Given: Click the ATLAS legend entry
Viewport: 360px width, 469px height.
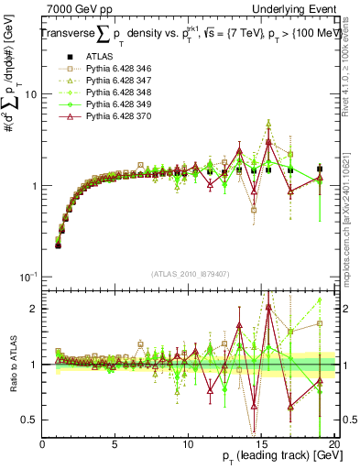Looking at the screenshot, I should click(x=98, y=57).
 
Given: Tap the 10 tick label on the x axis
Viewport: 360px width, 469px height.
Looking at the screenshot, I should click(x=188, y=443).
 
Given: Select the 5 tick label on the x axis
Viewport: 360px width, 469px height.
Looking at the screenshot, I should click(x=115, y=443).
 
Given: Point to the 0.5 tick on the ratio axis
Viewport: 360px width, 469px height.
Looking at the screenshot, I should click(x=29, y=420).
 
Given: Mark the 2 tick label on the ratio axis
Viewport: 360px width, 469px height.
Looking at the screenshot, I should click(x=35, y=308).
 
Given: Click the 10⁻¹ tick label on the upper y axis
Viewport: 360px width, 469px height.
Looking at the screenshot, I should click(x=27, y=277).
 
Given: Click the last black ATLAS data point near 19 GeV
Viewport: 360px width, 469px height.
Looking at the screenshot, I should click(x=320, y=169).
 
